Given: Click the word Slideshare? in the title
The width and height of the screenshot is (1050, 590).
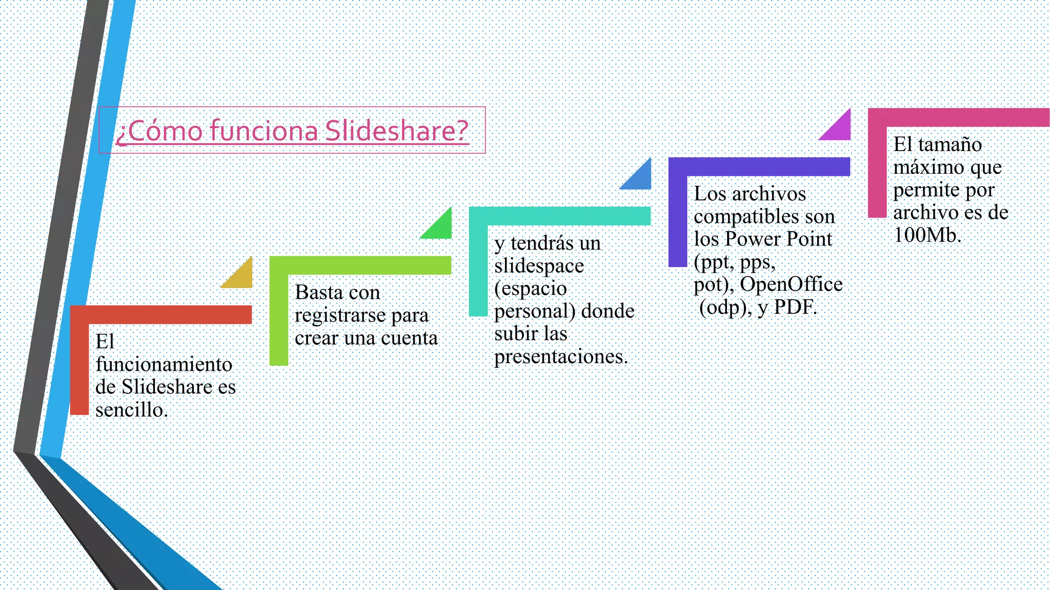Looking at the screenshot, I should (x=396, y=131).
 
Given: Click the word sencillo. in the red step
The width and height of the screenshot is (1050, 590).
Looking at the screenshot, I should (x=132, y=410).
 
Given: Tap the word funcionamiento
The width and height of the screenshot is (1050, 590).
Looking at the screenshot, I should (x=164, y=364).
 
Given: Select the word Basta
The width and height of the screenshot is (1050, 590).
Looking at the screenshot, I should (x=318, y=292).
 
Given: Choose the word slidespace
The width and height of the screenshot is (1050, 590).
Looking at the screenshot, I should (x=539, y=266).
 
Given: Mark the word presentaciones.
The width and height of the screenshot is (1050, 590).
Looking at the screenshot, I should (x=561, y=356).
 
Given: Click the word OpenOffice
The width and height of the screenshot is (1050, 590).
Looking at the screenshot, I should (x=791, y=284).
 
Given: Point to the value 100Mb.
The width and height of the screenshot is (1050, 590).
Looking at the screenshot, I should (x=927, y=235).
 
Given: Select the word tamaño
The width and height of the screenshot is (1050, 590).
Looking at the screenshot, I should (x=950, y=144).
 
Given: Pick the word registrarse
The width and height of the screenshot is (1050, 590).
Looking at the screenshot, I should (x=340, y=315).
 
